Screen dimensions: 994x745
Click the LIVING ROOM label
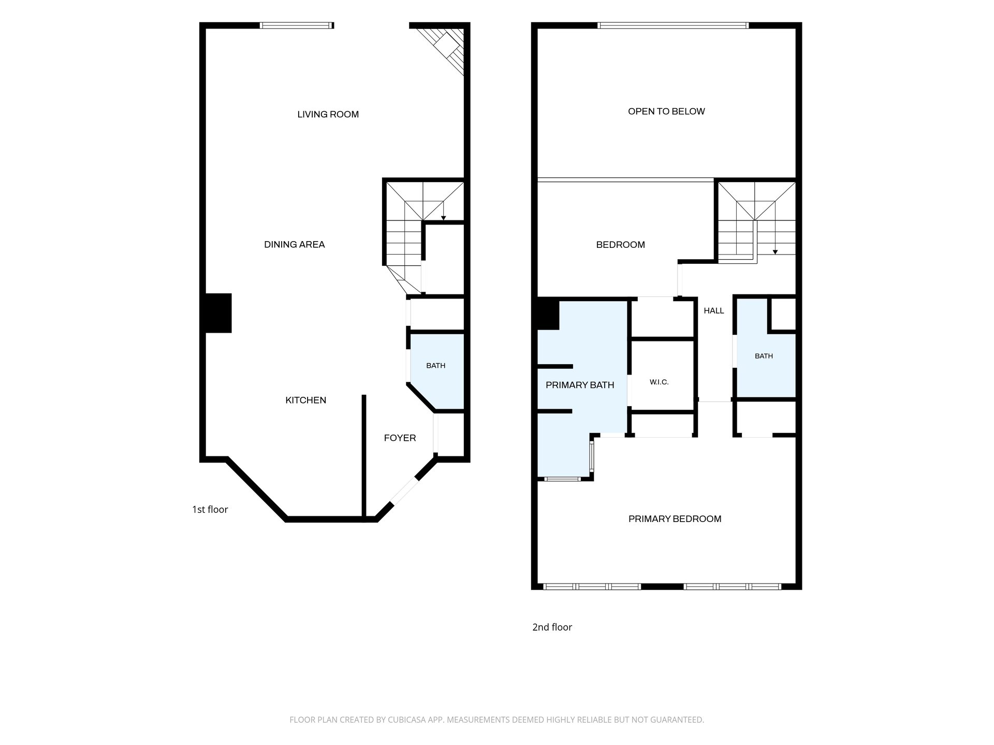[x=328, y=114]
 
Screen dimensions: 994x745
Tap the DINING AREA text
[x=295, y=245]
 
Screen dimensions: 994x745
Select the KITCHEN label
[x=306, y=400]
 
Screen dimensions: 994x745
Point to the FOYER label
[x=400, y=438]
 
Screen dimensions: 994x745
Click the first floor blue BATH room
[x=436, y=371]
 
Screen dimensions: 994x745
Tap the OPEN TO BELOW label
[x=666, y=111]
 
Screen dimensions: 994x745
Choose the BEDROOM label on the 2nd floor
[x=620, y=245]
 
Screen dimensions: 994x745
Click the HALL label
[x=714, y=311]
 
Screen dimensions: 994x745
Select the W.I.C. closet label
[x=659, y=382]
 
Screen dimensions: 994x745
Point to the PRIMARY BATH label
[x=580, y=385]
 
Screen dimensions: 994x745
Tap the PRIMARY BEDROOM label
[x=675, y=519]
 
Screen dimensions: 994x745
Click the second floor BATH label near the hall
[x=764, y=356]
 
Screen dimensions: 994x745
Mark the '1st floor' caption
[x=210, y=510]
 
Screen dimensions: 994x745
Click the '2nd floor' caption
[x=552, y=627]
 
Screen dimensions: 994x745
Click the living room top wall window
[x=296, y=25]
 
